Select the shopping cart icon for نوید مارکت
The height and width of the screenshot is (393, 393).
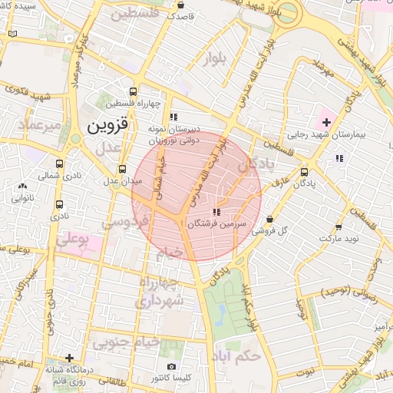click(339, 227)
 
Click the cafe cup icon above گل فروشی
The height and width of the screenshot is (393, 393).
click(270, 219)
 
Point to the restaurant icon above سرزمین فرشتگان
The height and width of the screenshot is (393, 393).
click(216, 211)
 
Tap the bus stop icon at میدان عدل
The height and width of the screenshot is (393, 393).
click(122, 170)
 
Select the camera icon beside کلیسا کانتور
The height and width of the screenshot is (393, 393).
click(170, 367)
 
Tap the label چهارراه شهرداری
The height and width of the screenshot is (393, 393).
click(160, 292)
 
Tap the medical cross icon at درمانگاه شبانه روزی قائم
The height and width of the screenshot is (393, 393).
click(70, 358)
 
